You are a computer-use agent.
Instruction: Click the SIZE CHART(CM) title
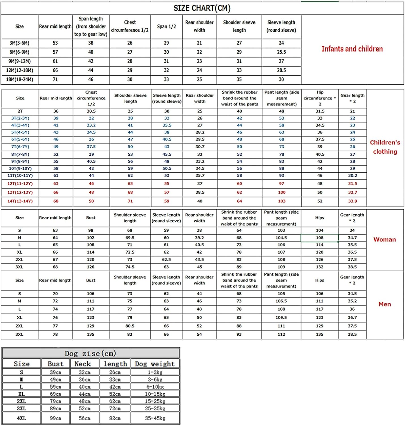[202, 8]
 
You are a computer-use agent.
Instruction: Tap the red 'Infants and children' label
[352, 49]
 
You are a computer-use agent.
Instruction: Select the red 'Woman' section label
[384, 239]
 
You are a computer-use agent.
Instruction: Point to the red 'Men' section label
[384, 304]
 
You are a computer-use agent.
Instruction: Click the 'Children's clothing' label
[385, 147]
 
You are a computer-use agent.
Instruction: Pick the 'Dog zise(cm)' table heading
[90, 353]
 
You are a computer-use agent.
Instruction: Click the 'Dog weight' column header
[155, 364]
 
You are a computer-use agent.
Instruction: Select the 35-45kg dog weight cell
[155, 418]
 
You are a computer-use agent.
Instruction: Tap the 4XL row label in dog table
[21, 418]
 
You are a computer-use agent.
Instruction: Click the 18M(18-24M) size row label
[20, 80]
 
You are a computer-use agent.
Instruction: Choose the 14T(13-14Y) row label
[20, 201]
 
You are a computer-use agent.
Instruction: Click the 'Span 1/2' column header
[166, 26]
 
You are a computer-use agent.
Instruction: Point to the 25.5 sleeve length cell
[281, 52]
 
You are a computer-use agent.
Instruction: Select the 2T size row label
[20, 111]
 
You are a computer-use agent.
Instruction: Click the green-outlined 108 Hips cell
[320, 238]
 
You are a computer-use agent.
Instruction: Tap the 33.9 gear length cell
[352, 201]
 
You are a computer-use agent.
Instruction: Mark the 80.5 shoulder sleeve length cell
[130, 326]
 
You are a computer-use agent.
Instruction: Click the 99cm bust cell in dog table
[56, 418]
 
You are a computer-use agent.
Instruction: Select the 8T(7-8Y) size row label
[20, 154]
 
